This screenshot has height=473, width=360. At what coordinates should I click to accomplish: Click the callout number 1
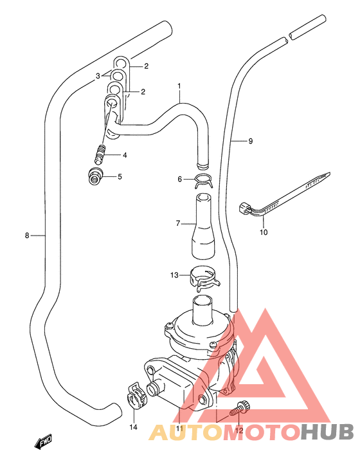(x=179, y=86)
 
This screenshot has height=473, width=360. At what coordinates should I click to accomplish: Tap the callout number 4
(x=125, y=155)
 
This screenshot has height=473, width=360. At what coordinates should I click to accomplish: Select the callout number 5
(x=120, y=176)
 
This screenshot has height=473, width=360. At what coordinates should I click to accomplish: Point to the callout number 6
(x=180, y=180)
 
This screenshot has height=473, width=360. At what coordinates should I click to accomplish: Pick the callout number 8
(x=27, y=236)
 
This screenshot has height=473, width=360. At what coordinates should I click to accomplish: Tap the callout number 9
(x=251, y=140)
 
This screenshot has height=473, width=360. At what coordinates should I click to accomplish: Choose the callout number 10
(x=263, y=232)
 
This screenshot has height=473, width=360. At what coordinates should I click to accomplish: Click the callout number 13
(x=174, y=275)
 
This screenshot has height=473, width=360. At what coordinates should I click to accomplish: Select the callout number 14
(x=134, y=427)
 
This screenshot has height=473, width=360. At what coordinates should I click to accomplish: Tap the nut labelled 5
(x=95, y=176)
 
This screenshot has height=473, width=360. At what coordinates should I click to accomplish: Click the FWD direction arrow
(x=43, y=443)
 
